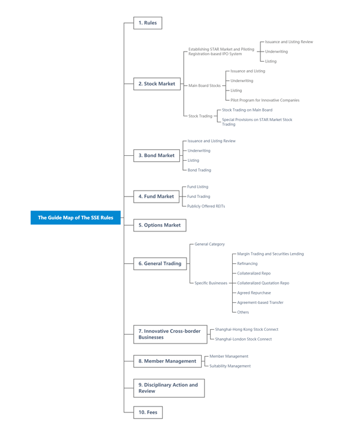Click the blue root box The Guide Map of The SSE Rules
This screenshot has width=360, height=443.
pyautogui.click(x=76, y=218)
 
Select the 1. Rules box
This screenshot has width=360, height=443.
pyautogui.click(x=148, y=23)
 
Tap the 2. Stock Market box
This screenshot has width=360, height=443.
pyautogui.click(x=157, y=84)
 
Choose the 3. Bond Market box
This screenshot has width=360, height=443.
pyautogui.click(x=157, y=155)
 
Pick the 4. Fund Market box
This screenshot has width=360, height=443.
pyautogui.click(x=156, y=196)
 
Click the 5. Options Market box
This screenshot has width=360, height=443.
pyautogui.click(x=160, y=225)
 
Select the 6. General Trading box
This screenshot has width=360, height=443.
pyautogui.click(x=160, y=263)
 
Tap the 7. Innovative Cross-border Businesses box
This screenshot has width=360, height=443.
pyautogui.click(x=170, y=334)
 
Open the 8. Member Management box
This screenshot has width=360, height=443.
pyautogui.click(x=167, y=361)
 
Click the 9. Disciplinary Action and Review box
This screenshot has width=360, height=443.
pyautogui.click(x=169, y=388)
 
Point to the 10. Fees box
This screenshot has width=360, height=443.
pyautogui.click(x=148, y=412)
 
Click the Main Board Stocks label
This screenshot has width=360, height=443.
pyautogui.click(x=205, y=86)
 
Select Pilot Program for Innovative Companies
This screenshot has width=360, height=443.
pyautogui.click(x=265, y=100)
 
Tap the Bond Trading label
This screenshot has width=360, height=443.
pyautogui.click(x=199, y=170)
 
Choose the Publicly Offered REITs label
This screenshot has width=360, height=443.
pyautogui.click(x=206, y=206)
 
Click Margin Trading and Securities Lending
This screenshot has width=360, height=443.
pyautogui.click(x=270, y=254)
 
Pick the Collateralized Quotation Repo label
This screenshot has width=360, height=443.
pyautogui.click(x=263, y=283)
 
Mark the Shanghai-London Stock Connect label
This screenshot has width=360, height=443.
pyautogui.click(x=243, y=339)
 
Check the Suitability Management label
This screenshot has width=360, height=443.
pyautogui.click(x=230, y=366)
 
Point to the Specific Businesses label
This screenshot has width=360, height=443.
pyautogui.click(x=211, y=283)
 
